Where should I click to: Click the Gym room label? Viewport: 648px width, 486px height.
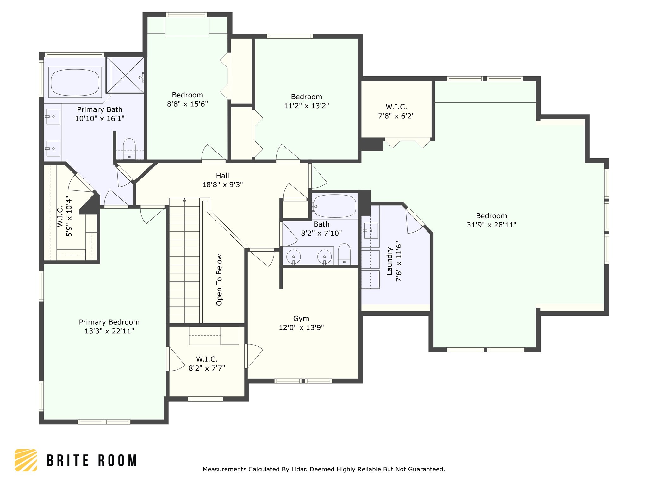pyautogui.click(x=301, y=319)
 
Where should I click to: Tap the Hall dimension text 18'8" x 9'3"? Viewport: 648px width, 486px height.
pyautogui.click(x=222, y=184)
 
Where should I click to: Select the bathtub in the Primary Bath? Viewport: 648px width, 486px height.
pyautogui.click(x=75, y=82)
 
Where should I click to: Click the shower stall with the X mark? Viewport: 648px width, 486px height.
pyautogui.click(x=125, y=75)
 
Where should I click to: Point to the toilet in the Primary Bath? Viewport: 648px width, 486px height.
pyautogui.click(x=129, y=148)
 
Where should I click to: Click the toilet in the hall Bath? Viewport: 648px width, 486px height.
pyautogui.click(x=344, y=254)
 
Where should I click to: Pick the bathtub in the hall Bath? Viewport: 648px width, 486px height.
pyautogui.click(x=334, y=206)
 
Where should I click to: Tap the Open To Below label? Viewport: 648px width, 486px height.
pyautogui.click(x=219, y=280)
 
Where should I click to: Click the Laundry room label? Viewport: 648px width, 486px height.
pyautogui.click(x=390, y=261)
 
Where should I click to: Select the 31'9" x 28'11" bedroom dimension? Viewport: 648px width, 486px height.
pyautogui.click(x=491, y=225)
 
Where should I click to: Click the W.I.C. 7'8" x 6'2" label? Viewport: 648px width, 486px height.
pyautogui.click(x=396, y=111)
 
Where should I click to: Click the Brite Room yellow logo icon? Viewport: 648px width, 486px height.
pyautogui.click(x=26, y=460)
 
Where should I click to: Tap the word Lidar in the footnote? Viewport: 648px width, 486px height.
pyautogui.click(x=299, y=469)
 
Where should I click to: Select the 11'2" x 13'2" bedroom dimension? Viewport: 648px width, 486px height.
pyautogui.click(x=306, y=106)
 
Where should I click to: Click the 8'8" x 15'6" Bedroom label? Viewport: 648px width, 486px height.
pyautogui.click(x=187, y=99)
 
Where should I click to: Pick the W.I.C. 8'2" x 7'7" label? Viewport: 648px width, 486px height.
pyautogui.click(x=207, y=364)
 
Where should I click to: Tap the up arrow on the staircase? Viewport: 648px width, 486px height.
pyautogui.click(x=184, y=200)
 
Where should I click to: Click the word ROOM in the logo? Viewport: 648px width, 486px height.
pyautogui.click(x=117, y=460)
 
